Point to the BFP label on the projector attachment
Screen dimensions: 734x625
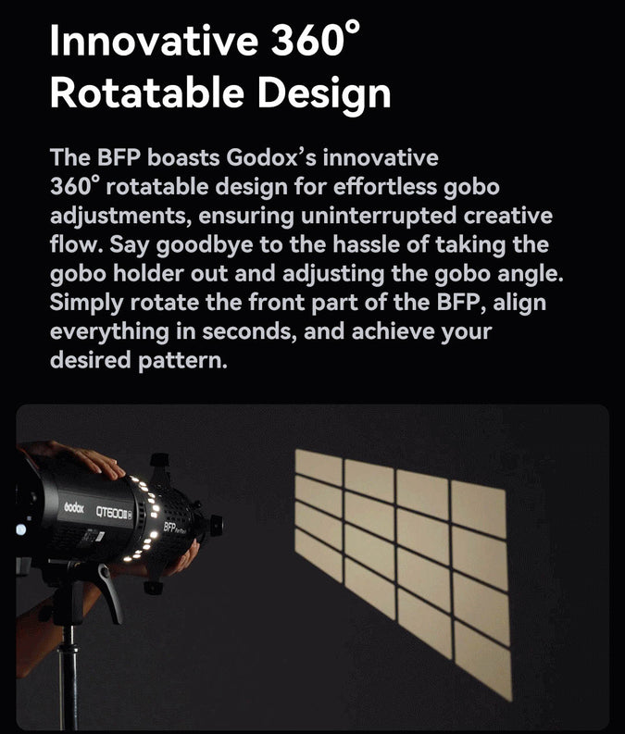tap(171, 526)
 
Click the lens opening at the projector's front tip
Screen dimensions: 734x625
tap(217, 526)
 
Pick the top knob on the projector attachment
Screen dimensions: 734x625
tap(159, 460)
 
